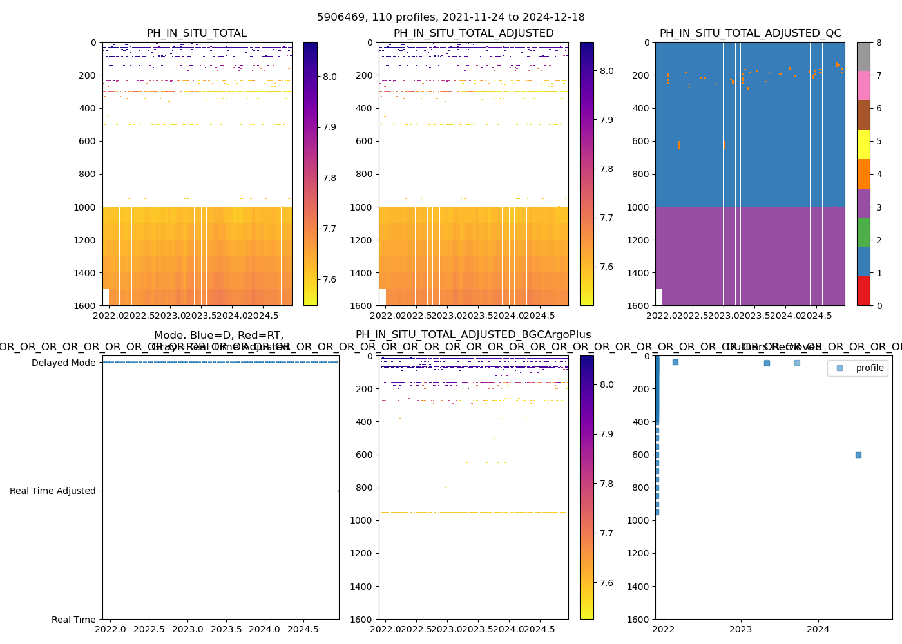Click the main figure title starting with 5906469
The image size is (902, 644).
pos(451,17)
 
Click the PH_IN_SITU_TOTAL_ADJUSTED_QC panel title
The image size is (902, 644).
pos(750,33)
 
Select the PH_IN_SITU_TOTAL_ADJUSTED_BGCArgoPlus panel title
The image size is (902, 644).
pos(474,335)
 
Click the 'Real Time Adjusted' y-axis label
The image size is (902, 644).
pos(53,491)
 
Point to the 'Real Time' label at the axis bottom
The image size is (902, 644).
pos(73,620)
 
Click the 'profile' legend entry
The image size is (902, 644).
pos(869,368)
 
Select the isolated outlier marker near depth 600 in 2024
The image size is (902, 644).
pos(858,455)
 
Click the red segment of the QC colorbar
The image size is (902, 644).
pos(863,290)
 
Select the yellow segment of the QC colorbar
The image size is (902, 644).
pos(863,144)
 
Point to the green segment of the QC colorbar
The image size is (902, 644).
pos(863,232)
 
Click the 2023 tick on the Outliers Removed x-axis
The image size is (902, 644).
pos(741,629)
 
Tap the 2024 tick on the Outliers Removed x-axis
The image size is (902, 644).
pos(818,629)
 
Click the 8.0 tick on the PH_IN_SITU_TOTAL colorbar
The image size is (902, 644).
pos(330,77)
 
